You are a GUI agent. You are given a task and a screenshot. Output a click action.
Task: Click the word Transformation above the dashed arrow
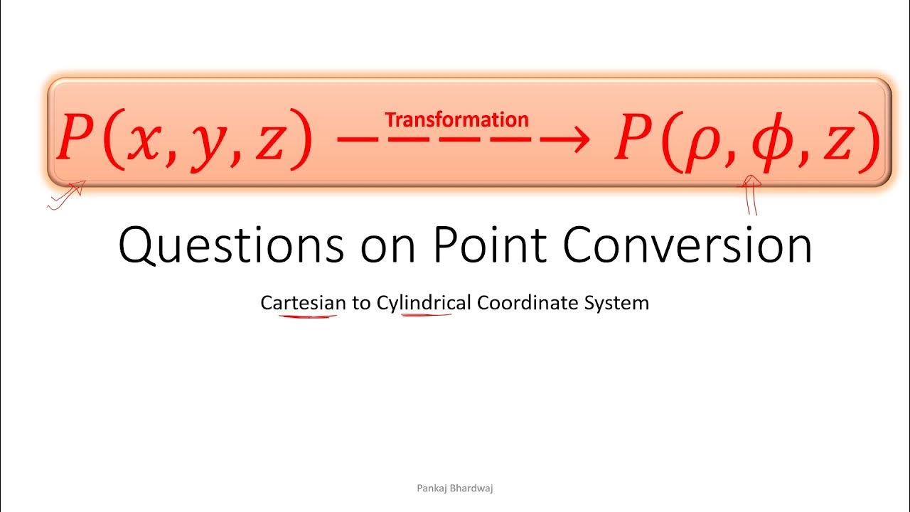(x=456, y=119)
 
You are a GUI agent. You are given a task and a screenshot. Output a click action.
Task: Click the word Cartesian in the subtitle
(x=303, y=303)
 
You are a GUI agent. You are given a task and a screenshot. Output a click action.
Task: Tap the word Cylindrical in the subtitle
(x=424, y=304)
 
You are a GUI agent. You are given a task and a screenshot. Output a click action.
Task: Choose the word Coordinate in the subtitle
(x=528, y=303)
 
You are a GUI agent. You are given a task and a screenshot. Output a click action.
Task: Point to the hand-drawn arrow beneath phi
(x=751, y=196)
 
